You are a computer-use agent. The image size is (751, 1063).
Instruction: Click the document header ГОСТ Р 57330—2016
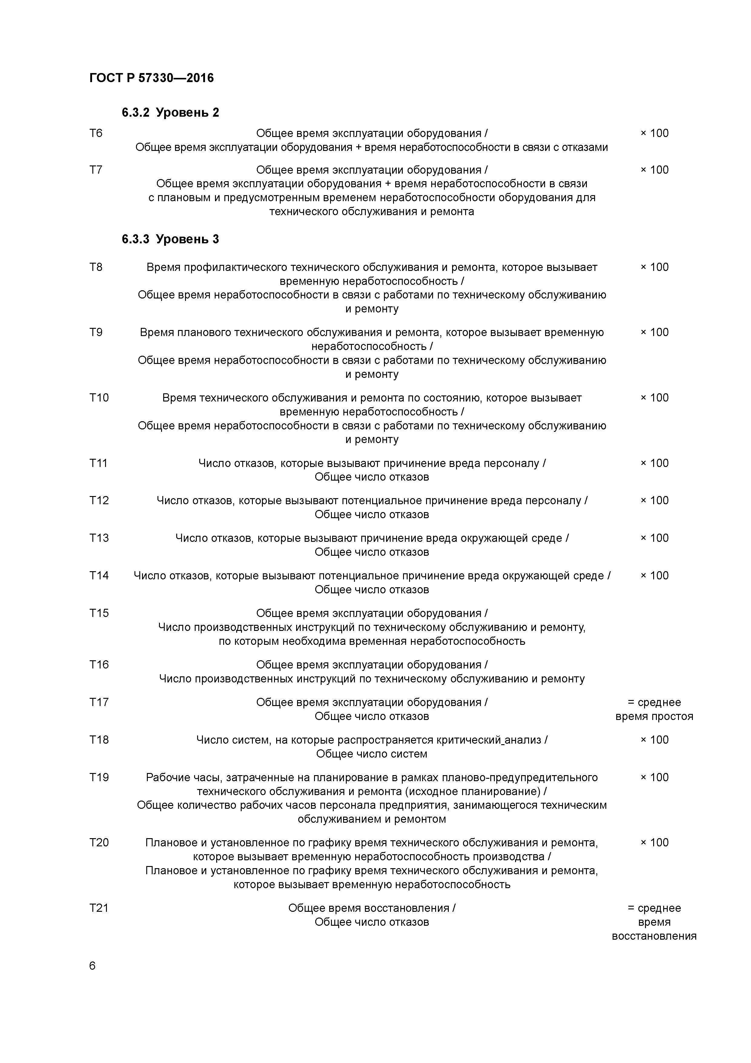(151, 78)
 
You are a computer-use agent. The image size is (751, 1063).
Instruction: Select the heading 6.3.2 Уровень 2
(170, 112)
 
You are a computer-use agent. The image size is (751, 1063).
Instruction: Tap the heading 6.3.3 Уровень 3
(170, 239)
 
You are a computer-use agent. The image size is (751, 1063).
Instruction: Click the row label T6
(96, 133)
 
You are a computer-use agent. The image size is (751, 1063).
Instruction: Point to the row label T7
(96, 170)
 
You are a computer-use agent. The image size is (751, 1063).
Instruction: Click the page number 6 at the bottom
(92, 966)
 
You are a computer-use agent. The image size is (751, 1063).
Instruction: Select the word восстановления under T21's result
(654, 936)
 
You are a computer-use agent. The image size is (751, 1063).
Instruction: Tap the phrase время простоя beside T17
(654, 717)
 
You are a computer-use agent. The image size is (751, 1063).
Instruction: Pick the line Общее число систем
(372, 754)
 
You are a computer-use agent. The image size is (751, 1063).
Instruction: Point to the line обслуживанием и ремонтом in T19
(372, 819)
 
